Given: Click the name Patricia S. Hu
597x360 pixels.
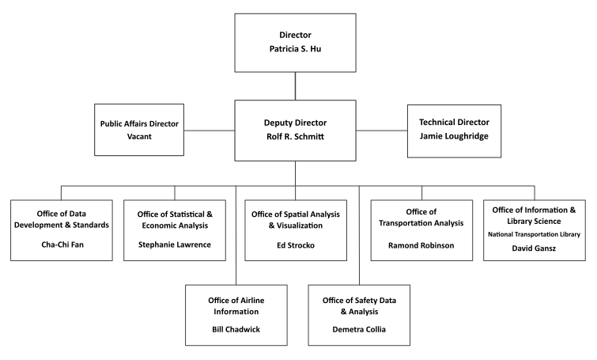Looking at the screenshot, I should [295, 49].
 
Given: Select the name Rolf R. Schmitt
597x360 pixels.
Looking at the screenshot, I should [295, 136].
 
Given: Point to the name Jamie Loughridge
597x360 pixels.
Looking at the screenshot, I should [453, 135].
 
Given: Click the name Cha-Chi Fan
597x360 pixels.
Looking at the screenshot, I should [62, 244].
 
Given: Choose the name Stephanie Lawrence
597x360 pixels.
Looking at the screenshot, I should [175, 244].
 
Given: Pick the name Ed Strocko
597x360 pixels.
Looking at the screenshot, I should [295, 244].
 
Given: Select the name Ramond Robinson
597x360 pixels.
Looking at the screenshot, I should [421, 244].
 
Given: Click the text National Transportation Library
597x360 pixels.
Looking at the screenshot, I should [535, 234].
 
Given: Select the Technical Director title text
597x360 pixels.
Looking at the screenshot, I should [453, 122].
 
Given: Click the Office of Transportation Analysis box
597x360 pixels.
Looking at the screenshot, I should [421, 229].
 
